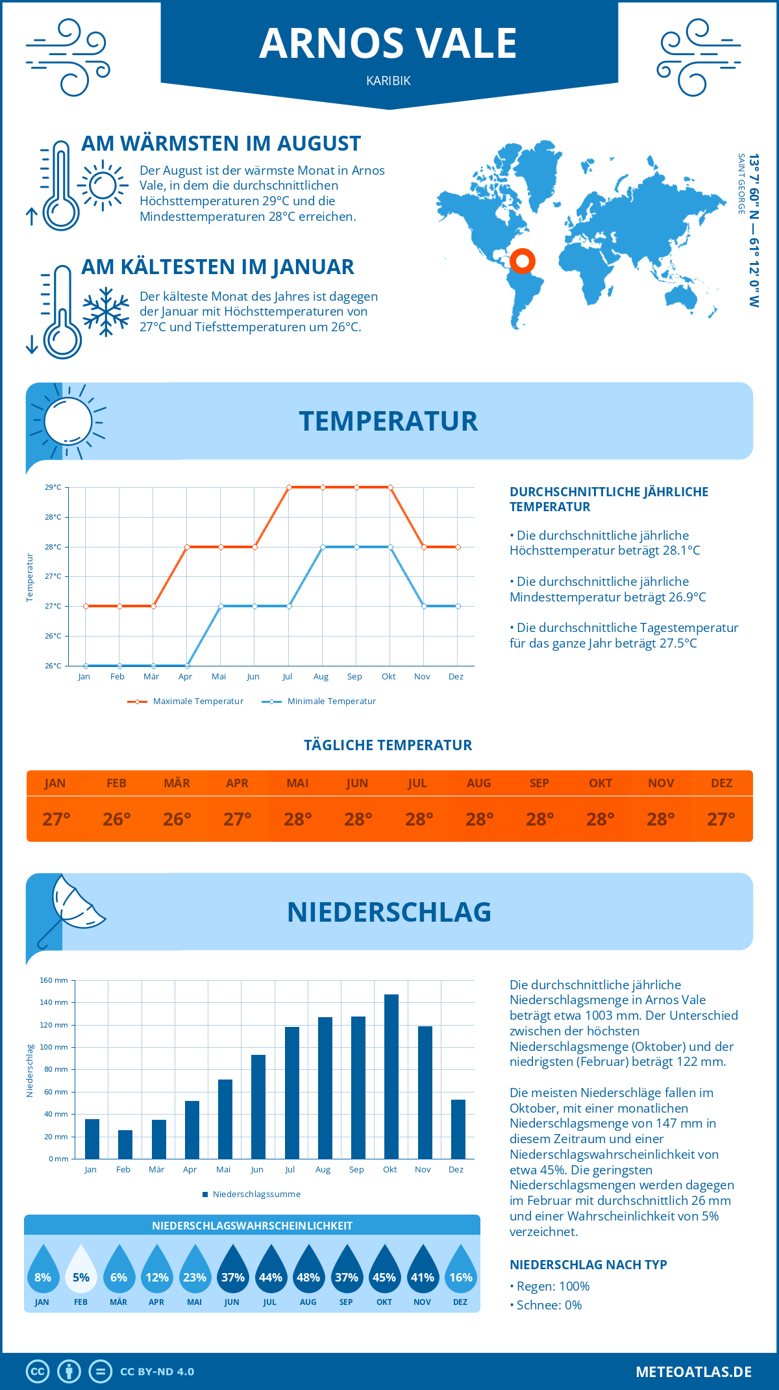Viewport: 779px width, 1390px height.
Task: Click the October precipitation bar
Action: (x=391, y=1076)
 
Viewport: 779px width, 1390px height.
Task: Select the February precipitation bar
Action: (x=125, y=1144)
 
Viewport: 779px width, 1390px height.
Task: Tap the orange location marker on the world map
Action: (x=523, y=261)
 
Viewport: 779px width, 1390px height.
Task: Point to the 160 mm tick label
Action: (x=55, y=980)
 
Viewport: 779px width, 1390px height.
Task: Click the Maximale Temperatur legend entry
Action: (x=186, y=701)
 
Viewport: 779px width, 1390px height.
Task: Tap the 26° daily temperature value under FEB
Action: (x=117, y=819)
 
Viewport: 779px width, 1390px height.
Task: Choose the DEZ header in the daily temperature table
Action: (x=721, y=783)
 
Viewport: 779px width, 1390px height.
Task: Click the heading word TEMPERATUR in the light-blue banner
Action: (x=388, y=421)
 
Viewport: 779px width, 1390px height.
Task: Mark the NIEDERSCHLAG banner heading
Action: (x=389, y=912)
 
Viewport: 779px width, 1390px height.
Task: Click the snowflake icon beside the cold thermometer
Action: (x=106, y=312)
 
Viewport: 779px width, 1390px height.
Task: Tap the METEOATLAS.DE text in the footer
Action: (x=693, y=1372)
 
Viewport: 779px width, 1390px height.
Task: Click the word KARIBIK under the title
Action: (x=388, y=81)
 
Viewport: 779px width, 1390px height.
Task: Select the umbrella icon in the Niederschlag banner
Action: (x=71, y=908)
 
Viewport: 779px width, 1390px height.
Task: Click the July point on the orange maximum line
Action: (x=289, y=487)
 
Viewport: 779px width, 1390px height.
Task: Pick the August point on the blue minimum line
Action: (x=323, y=547)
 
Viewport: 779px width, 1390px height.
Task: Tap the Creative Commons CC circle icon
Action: (x=38, y=1372)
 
